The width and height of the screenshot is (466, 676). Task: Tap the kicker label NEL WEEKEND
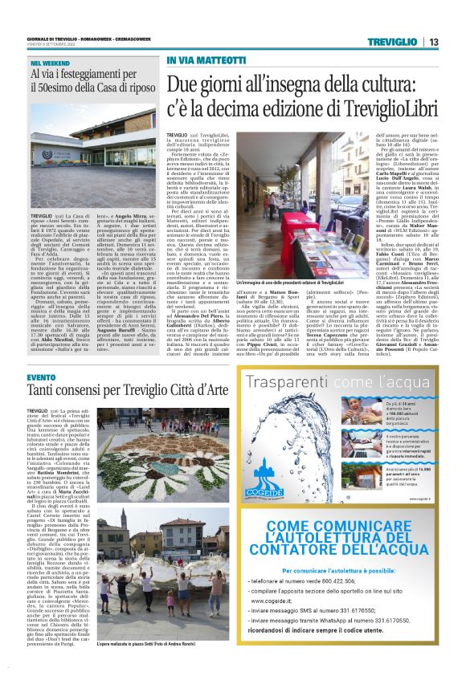48,62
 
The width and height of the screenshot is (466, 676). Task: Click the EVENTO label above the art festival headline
40,377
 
